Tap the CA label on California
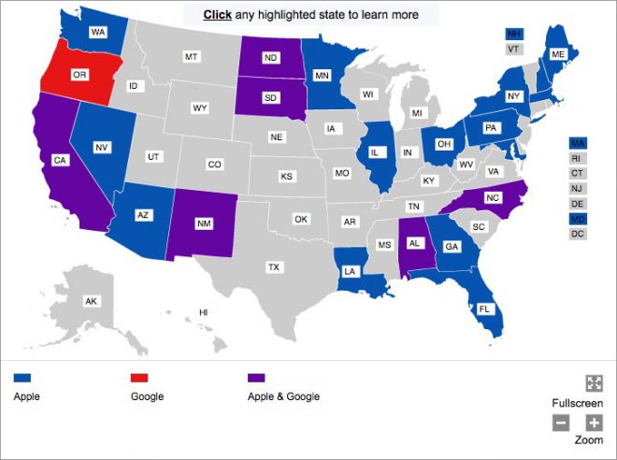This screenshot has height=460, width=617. [59, 160]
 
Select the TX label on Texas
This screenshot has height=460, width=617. [274, 266]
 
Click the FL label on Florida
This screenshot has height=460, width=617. [484, 308]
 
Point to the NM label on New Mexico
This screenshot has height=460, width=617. [202, 223]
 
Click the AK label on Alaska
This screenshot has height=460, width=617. [91, 301]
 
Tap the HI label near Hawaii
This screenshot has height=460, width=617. [203, 311]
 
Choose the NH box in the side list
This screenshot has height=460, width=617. [513, 34]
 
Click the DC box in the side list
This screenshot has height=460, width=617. [577, 234]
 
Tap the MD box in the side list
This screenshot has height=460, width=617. [577, 218]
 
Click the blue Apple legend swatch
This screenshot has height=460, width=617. [22, 378]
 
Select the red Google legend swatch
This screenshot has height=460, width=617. [140, 378]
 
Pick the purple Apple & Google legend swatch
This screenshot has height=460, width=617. [256, 378]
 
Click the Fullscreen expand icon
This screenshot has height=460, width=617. [594, 382]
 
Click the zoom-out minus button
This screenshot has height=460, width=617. [561, 423]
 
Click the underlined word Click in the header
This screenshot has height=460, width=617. [217, 15]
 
